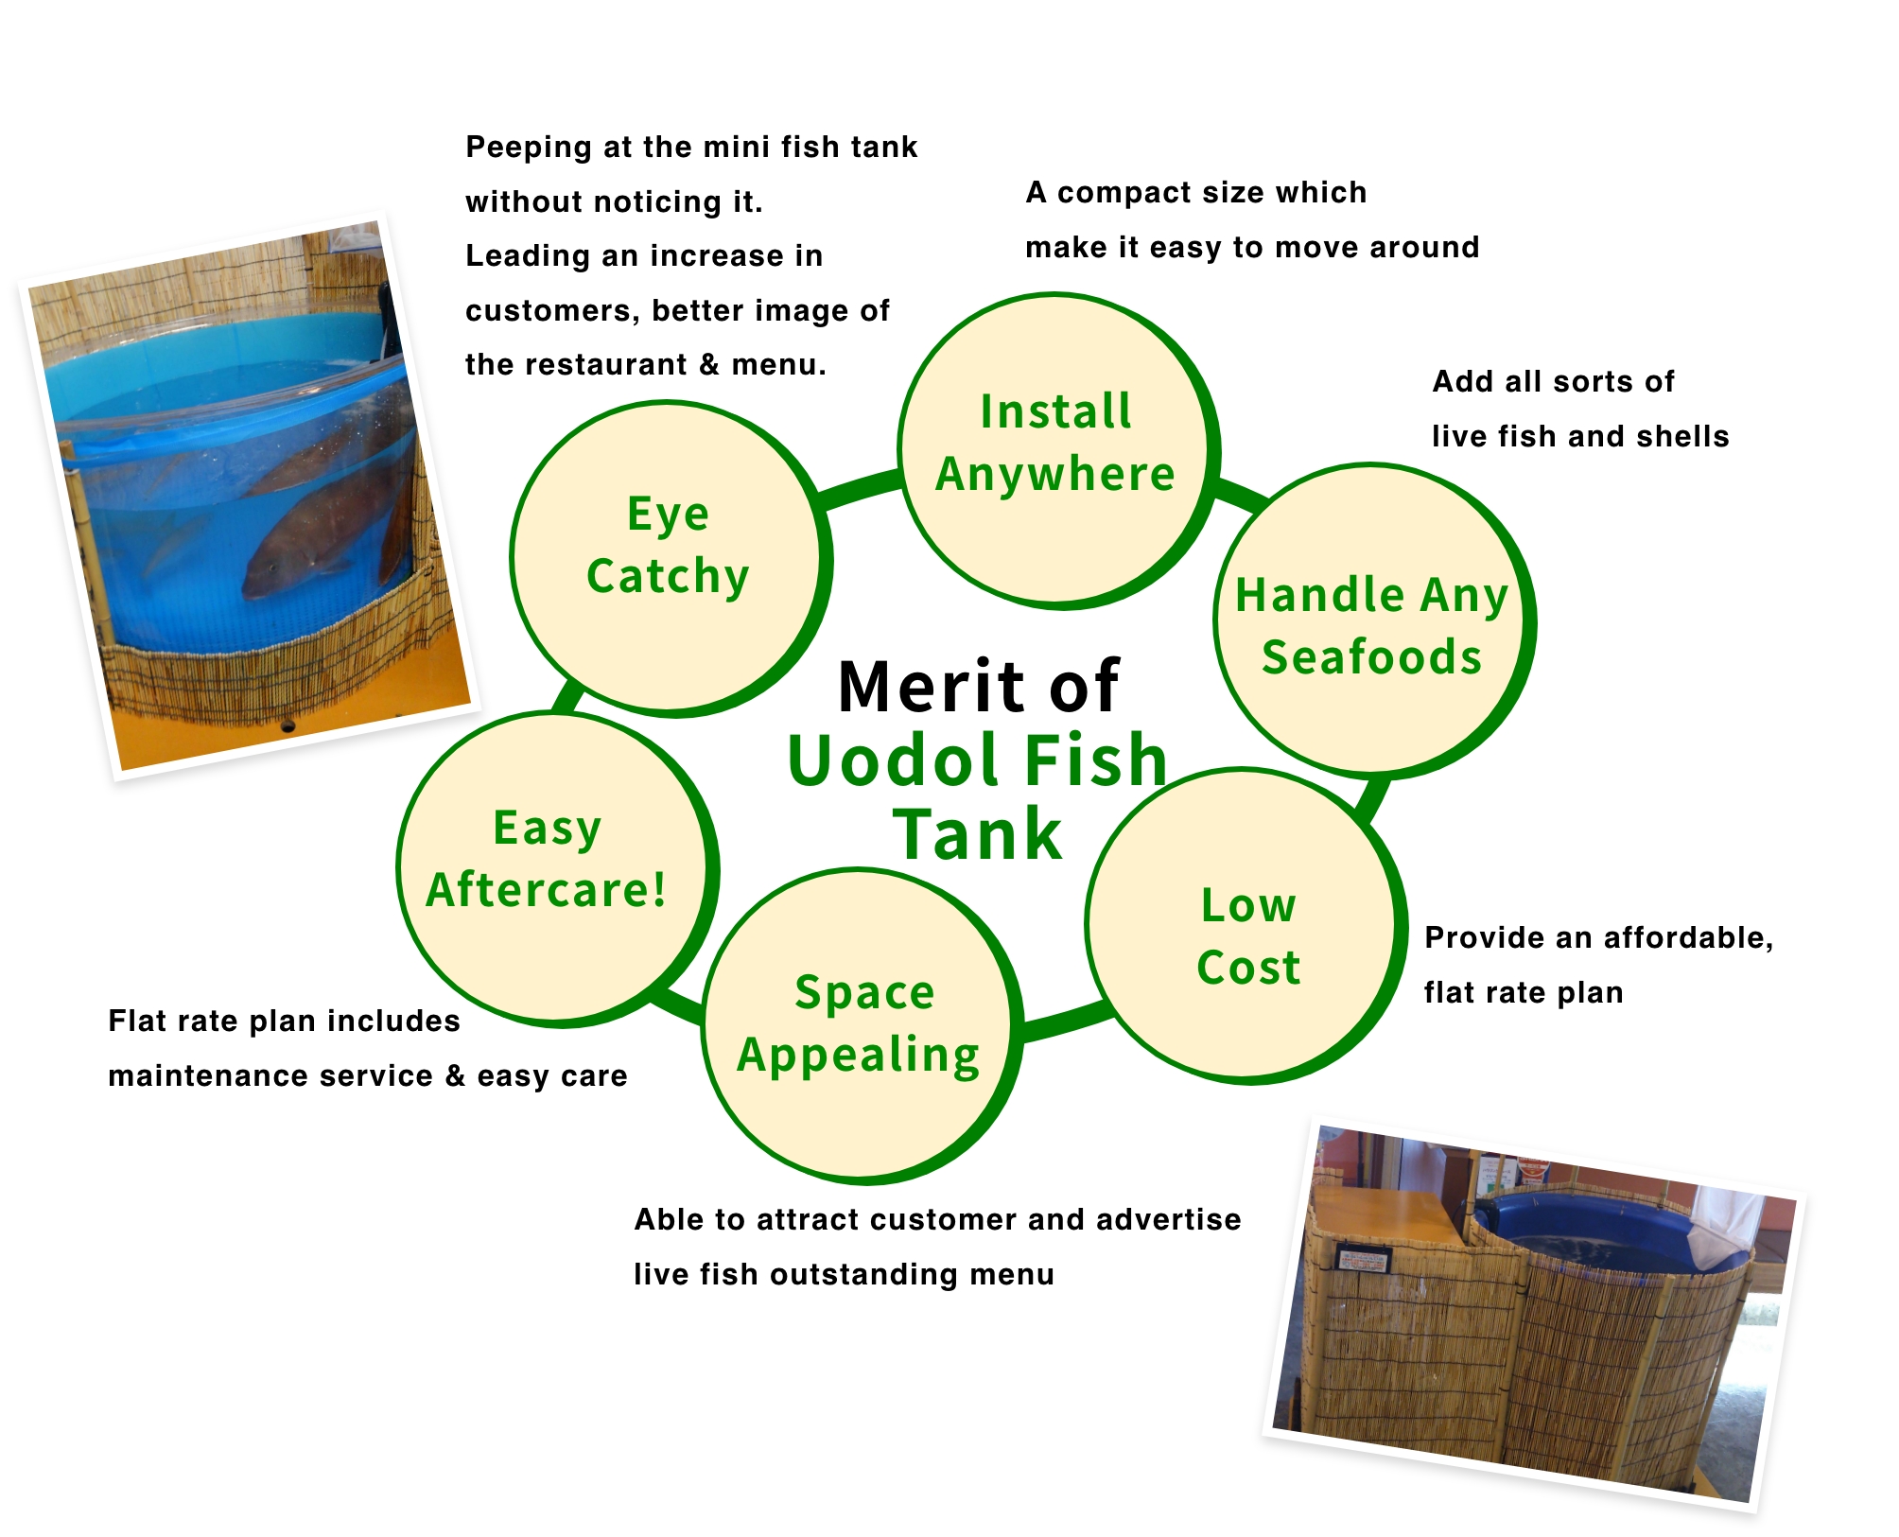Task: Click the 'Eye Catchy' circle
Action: tap(670, 558)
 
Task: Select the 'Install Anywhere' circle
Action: tap(1057, 450)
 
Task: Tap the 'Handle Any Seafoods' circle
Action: tap(1373, 621)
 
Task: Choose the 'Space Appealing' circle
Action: tap(862, 1026)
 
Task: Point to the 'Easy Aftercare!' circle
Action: tap(557, 869)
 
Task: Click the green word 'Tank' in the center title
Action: tap(979, 834)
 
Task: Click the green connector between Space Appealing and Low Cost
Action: tap(1065, 1022)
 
